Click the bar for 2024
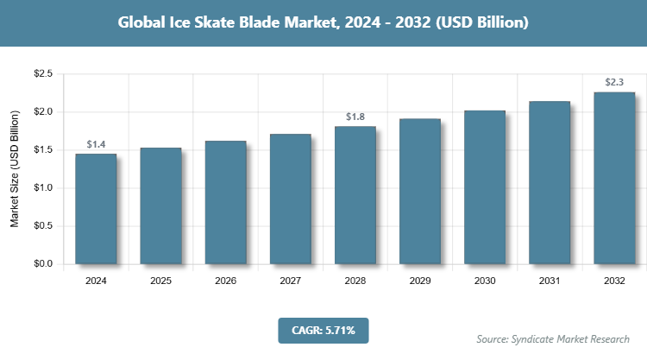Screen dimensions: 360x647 coord(96,208)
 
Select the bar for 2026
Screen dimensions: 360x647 coord(225,202)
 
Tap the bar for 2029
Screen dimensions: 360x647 coord(420,191)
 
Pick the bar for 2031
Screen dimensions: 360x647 coord(550,182)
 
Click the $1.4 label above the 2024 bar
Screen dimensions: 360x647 coord(96,144)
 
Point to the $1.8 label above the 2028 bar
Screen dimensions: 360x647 coord(355,117)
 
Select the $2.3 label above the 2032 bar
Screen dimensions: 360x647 coord(614,82)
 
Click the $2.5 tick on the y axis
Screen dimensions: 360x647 coord(42,74)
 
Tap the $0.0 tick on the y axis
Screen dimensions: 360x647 coord(42,263)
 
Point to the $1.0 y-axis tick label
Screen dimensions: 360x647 coord(42,188)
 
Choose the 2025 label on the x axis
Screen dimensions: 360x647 coord(160,281)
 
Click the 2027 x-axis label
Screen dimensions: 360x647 coord(290,281)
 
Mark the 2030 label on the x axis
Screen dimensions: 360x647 coord(485,281)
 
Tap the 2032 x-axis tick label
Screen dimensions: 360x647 coord(614,281)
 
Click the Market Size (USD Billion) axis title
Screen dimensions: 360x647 coord(15,169)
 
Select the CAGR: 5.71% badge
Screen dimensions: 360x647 coord(323,330)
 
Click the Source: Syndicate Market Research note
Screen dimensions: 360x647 coord(553,338)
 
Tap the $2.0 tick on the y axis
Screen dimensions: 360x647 coord(42,112)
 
